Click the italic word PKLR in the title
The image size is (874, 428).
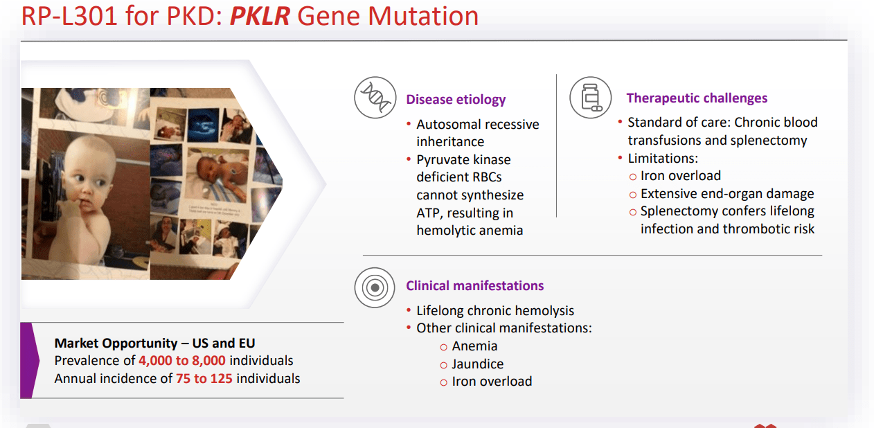pyautogui.click(x=260, y=16)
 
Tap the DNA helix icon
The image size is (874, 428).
pyautogui.click(x=375, y=98)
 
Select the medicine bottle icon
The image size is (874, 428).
pyautogui.click(x=590, y=98)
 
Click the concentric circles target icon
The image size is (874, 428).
pyautogui.click(x=375, y=288)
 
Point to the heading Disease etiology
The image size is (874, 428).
pyautogui.click(x=456, y=100)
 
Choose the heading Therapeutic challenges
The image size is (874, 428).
pyautogui.click(x=697, y=98)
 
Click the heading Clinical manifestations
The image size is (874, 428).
pyautogui.click(x=475, y=285)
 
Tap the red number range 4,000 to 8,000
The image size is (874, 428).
pyautogui.click(x=182, y=361)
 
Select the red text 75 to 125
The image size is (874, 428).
pyautogui.click(x=204, y=378)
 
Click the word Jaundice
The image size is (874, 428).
pyautogui.click(x=478, y=364)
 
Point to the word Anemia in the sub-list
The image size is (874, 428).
pyautogui.click(x=474, y=346)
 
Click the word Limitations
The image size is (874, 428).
pyautogui.click(x=663, y=159)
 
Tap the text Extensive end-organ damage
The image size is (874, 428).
pyautogui.click(x=727, y=193)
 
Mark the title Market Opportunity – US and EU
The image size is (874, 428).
pyautogui.click(x=154, y=344)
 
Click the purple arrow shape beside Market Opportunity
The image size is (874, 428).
pyautogui.click(x=30, y=360)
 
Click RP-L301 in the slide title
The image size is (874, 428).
pyautogui.click(x=69, y=17)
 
